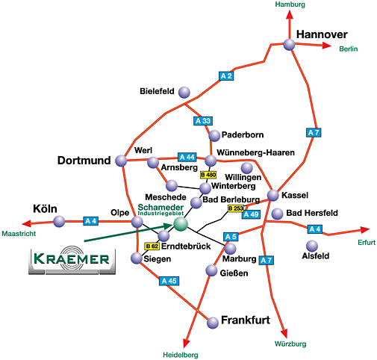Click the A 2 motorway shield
pos(226,76)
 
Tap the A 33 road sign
pos(203,121)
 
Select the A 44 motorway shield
pos(187,158)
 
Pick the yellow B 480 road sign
pos(208,175)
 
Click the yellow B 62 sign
pos(152,246)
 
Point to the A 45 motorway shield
pos(169,281)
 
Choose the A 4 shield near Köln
pos(90,221)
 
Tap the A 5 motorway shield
pos(231,237)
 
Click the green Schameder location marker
pos(181,224)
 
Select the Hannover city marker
pos(289,45)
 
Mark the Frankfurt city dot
pos(213,323)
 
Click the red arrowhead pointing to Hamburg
pos(290,14)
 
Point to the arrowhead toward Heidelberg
pos(186,343)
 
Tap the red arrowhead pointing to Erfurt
pos(365,230)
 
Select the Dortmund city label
pos(84,161)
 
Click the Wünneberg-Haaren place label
pos(256,152)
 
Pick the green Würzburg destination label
pos(290,344)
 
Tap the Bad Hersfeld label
pos(312,213)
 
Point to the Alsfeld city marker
pos(312,246)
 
